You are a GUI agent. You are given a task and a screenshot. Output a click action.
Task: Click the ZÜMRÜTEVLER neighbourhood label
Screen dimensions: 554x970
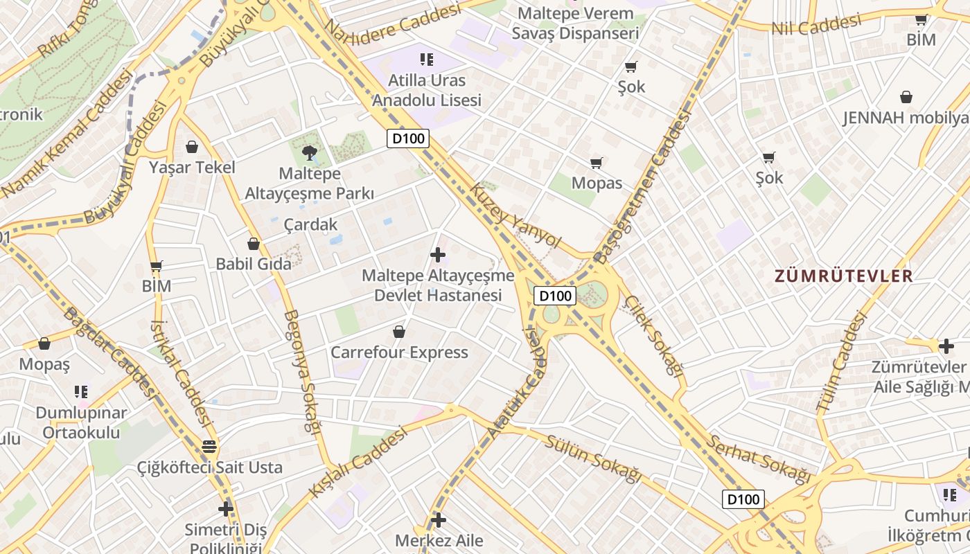(843, 276)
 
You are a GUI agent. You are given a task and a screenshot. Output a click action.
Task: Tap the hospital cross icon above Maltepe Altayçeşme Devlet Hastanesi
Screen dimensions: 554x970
(438, 255)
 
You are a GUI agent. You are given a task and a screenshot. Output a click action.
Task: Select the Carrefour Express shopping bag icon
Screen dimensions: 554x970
(399, 332)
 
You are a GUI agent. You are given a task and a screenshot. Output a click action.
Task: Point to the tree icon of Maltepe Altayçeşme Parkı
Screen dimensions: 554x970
(309, 152)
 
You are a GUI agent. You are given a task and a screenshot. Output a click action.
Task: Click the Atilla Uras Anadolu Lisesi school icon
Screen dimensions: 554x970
(426, 60)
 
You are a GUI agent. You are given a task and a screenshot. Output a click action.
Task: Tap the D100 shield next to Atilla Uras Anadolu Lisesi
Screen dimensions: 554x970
(408, 138)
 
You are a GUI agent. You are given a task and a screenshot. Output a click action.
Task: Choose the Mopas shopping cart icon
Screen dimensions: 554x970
(596, 163)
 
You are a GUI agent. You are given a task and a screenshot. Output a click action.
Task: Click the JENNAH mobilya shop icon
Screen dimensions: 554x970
(906, 97)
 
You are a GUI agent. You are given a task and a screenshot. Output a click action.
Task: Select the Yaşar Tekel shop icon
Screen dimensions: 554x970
(192, 147)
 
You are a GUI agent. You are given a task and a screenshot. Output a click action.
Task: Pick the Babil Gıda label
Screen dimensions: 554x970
(254, 264)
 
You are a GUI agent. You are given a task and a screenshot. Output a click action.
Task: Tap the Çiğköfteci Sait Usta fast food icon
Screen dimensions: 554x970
(209, 447)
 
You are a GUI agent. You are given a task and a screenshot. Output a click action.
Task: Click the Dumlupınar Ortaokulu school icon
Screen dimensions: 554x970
(81, 392)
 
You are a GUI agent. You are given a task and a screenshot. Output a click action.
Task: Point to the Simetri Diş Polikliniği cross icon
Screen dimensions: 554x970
(225, 509)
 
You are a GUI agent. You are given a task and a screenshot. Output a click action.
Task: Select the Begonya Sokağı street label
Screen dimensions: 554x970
(302, 370)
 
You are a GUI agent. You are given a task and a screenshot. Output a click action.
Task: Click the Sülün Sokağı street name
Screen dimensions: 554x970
(592, 458)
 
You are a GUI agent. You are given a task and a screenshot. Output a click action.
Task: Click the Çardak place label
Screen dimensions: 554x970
(311, 224)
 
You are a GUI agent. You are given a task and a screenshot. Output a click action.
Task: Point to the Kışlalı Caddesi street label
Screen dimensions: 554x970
(357, 462)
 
